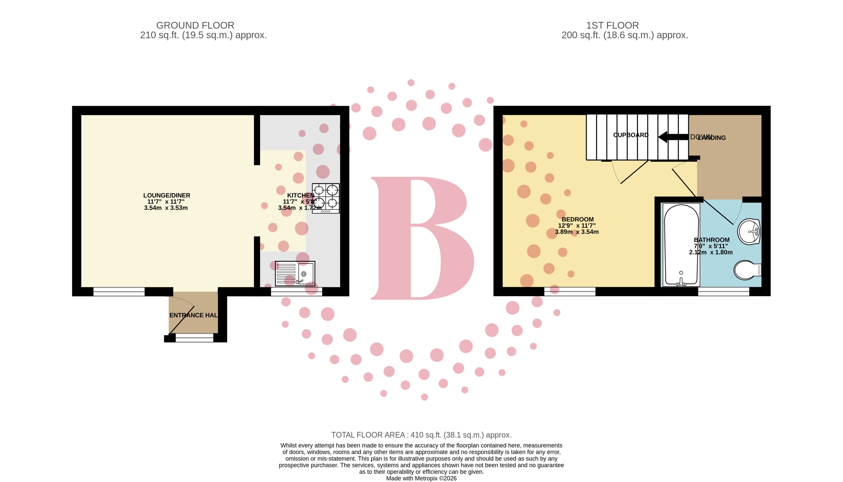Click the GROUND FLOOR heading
195,26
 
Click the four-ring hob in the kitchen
326,198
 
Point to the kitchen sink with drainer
295,274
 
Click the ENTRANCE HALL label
194,315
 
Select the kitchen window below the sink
296,292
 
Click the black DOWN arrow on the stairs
673,137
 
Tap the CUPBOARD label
631,135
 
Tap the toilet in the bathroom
747,270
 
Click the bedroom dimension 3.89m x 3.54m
577,232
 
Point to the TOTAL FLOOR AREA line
421,435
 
